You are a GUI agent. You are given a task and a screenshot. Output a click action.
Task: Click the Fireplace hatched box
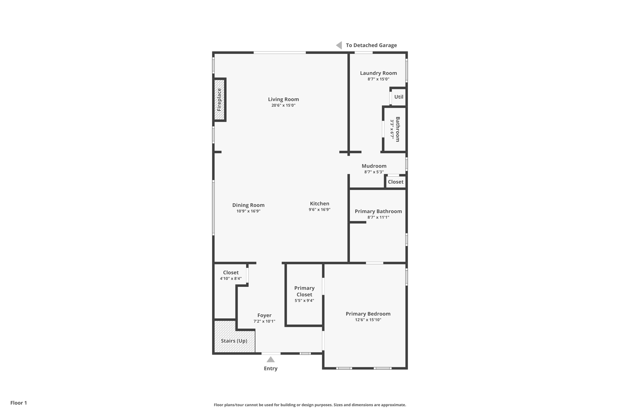click(219, 100)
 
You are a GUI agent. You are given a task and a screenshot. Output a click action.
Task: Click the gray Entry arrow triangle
click(271, 359)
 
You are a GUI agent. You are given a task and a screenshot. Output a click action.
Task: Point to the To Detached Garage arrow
click(339, 45)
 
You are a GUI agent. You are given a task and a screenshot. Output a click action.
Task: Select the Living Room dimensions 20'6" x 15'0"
click(283, 105)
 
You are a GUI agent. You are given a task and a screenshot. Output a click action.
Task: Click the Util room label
click(399, 97)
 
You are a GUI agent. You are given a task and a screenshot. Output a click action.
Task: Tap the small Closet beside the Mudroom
click(395, 182)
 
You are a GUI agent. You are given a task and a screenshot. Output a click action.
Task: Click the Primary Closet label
click(304, 291)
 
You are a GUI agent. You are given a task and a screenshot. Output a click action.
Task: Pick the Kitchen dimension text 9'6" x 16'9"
click(319, 209)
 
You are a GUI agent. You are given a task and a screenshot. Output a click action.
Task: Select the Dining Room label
click(248, 205)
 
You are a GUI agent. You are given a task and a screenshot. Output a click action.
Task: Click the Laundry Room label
click(378, 73)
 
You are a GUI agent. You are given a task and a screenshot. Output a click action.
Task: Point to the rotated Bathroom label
click(397, 129)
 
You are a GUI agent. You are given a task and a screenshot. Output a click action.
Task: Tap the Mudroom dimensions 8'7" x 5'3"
click(374, 172)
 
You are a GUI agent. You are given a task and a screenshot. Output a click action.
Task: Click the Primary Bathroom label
click(378, 211)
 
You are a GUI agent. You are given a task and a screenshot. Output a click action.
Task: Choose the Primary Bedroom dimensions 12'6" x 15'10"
click(368, 320)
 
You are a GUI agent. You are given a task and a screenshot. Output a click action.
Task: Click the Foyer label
click(264, 315)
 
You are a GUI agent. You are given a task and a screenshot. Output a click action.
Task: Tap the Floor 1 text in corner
click(18, 403)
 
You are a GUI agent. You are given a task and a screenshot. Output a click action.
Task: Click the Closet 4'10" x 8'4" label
click(231, 273)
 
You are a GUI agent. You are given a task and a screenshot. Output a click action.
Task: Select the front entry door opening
click(271, 353)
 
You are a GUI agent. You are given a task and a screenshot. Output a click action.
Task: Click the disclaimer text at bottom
click(310, 405)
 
